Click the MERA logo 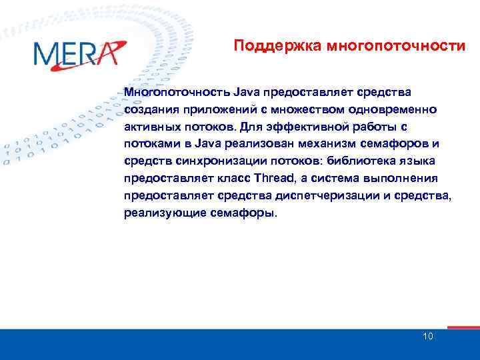79,53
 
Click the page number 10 427,336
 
